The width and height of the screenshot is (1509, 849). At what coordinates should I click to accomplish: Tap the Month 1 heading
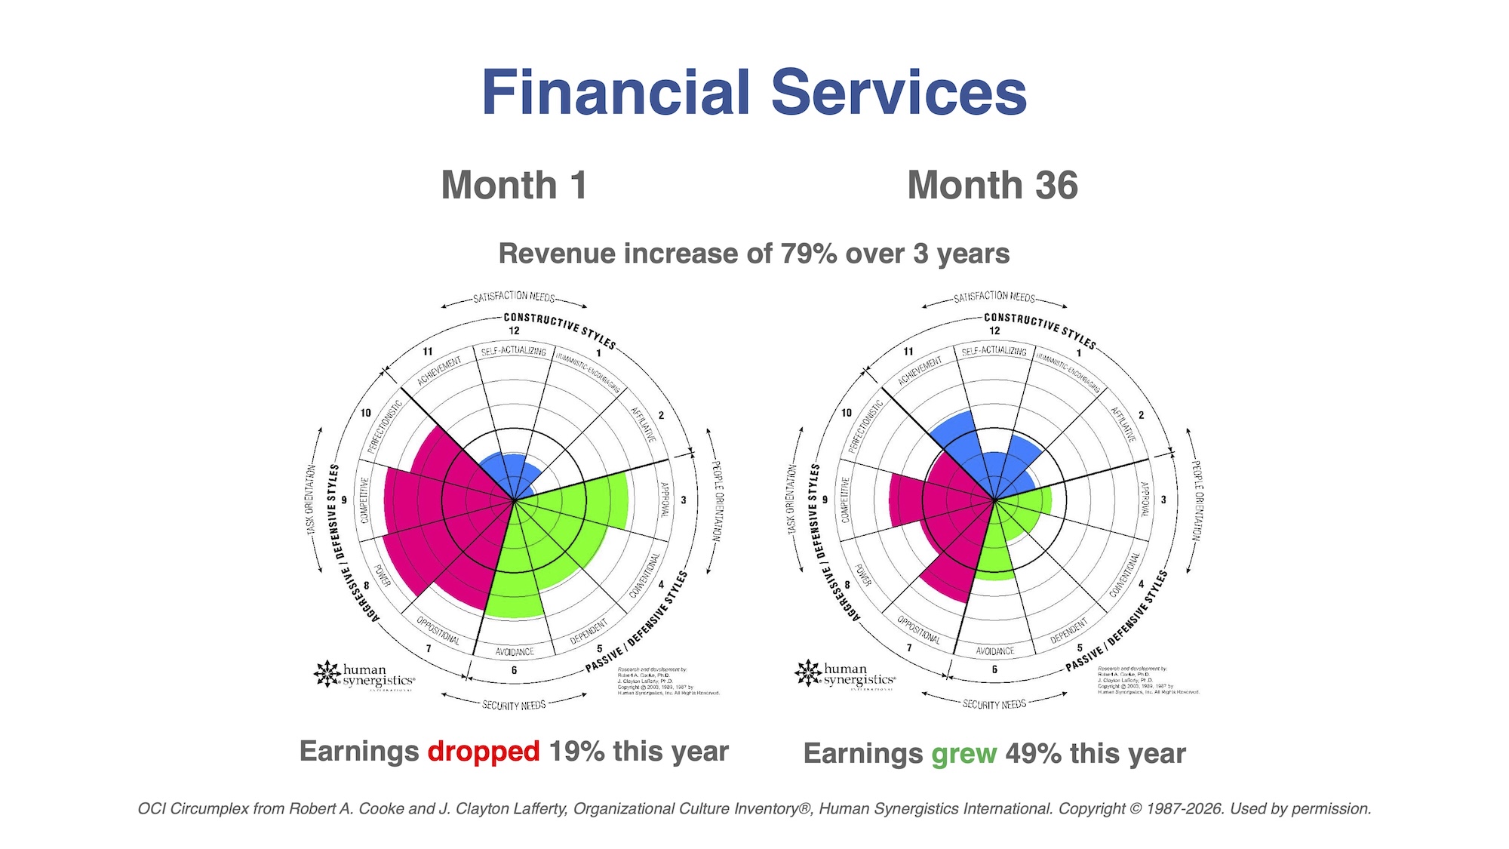click(514, 186)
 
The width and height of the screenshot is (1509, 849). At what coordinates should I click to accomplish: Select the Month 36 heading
click(992, 186)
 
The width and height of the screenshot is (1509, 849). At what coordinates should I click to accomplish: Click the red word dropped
click(484, 752)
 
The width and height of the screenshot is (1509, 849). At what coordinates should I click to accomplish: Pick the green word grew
click(964, 754)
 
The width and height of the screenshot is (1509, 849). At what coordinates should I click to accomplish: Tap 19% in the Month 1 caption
click(576, 752)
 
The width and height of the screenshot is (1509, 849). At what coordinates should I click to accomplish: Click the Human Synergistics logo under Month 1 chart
click(364, 675)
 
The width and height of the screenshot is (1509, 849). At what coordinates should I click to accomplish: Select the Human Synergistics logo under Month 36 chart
click(845, 674)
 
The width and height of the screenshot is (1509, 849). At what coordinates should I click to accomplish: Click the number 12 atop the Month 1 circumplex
click(514, 331)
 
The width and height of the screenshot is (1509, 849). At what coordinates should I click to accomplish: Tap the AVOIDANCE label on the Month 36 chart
click(994, 651)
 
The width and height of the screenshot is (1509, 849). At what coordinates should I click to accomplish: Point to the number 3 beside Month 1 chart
click(684, 500)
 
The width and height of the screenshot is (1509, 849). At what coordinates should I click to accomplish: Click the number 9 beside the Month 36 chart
click(825, 500)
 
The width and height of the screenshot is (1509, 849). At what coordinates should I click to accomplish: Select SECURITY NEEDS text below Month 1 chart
click(514, 705)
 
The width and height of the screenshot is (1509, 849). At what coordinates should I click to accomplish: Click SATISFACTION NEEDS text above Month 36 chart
click(994, 297)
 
